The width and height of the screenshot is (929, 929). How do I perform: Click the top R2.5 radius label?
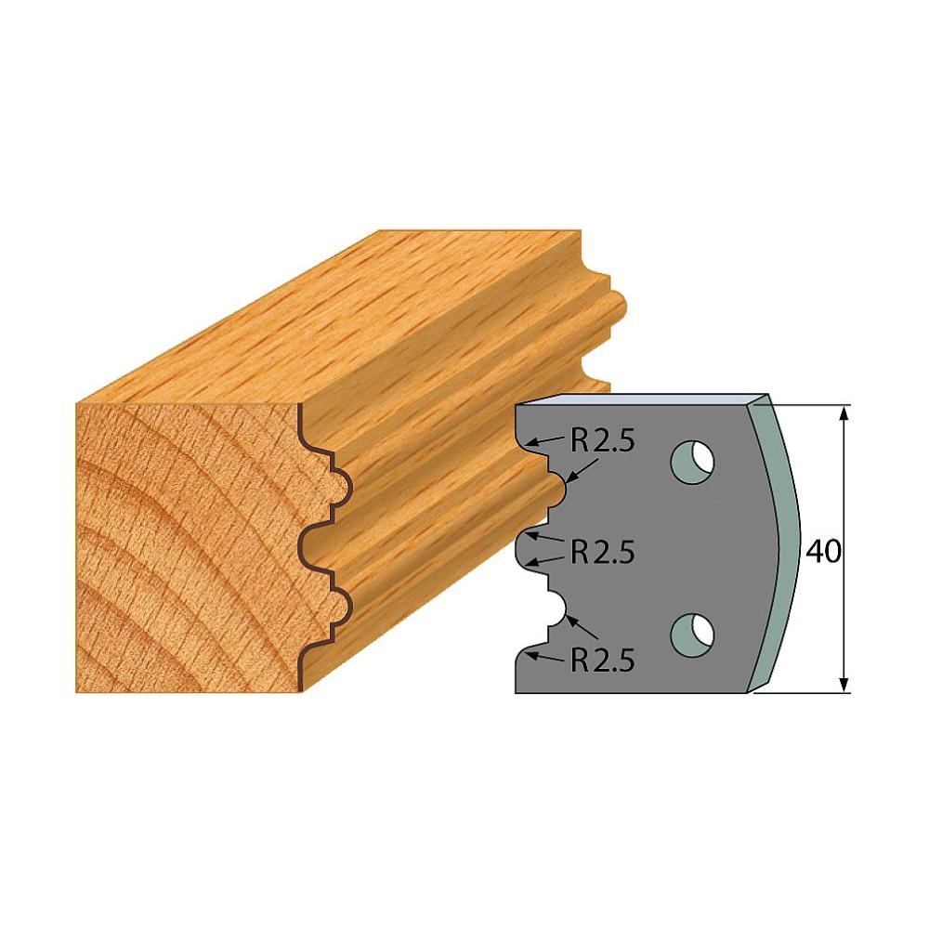602,443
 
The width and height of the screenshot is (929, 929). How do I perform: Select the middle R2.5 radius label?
602,553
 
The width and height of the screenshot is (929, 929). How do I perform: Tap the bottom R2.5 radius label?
602,660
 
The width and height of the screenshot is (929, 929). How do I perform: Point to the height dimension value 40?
822,552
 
